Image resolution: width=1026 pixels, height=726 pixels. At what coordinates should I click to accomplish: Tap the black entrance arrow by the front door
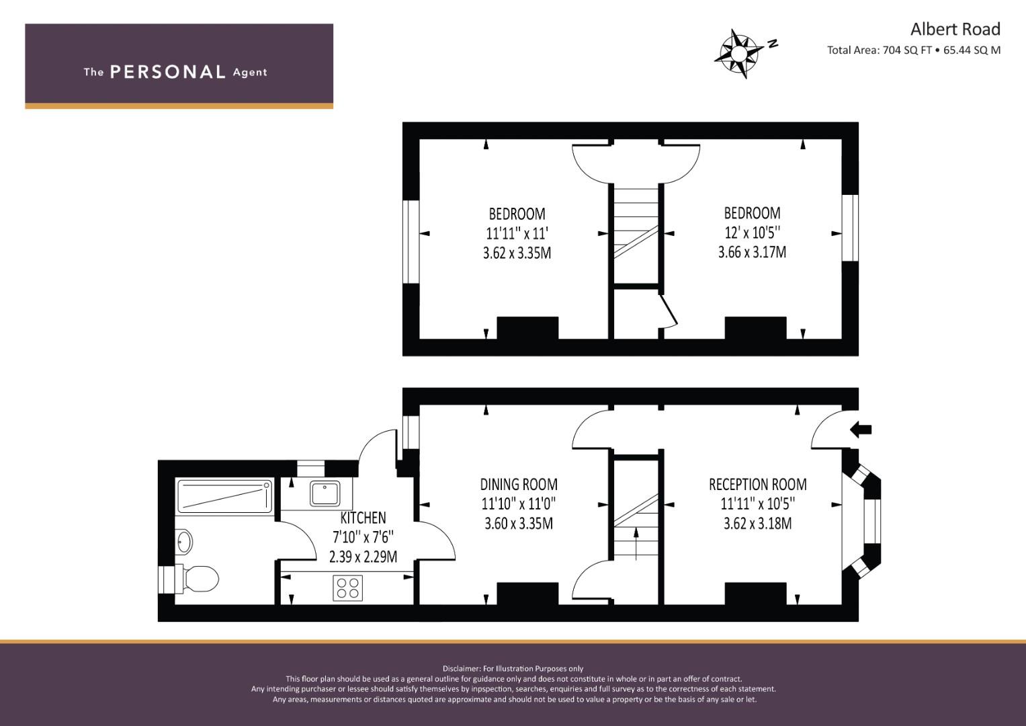point(861,429)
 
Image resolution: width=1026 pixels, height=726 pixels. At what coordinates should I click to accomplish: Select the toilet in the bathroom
point(200,577)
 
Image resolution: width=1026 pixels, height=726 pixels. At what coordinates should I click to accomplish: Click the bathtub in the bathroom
point(224,496)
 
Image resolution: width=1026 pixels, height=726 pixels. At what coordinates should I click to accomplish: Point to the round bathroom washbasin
point(183,541)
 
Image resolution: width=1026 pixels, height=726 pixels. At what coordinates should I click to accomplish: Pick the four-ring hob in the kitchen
point(347,588)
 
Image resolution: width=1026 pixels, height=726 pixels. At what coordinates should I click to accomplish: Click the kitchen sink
point(325,493)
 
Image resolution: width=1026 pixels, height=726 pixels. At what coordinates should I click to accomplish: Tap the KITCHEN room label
point(363,518)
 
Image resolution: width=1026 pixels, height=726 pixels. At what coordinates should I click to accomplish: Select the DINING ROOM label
point(519,484)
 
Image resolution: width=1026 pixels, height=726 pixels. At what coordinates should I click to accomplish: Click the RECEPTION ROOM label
point(757,484)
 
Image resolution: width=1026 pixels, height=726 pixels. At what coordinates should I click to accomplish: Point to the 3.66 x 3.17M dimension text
point(752,253)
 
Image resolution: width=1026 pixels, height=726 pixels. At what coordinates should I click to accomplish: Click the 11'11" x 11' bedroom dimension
point(517,234)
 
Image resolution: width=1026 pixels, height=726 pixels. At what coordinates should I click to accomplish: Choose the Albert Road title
point(955,29)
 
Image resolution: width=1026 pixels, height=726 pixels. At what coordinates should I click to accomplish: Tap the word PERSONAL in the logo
point(167,72)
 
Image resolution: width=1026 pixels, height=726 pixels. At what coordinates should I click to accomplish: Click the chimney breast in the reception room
point(755,593)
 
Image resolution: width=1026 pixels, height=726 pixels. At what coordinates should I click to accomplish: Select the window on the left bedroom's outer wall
point(411,242)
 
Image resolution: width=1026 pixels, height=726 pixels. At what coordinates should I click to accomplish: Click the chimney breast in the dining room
point(527,593)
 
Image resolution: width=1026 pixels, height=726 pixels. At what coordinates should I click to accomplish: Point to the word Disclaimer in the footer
point(461,668)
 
